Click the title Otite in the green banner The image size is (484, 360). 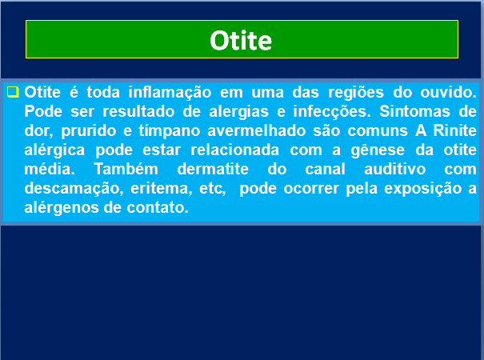click(x=241, y=41)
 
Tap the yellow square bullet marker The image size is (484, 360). click(x=13, y=92)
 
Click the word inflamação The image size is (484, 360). click(x=170, y=92)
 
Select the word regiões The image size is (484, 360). click(x=356, y=93)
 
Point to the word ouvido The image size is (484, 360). click(x=448, y=92)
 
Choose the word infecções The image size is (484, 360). click(x=332, y=112)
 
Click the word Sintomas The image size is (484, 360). click(x=414, y=111)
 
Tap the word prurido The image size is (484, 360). click(x=89, y=131)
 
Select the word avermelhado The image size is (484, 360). click(x=257, y=130)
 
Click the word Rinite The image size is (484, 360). click(x=454, y=130)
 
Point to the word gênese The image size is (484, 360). click(x=378, y=150)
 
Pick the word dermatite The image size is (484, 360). click(x=213, y=169)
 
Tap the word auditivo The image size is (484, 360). click(x=394, y=169)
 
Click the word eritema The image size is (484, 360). click(x=161, y=188)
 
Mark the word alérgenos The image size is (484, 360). click(x=62, y=208)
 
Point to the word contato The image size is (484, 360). click(x=158, y=207)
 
